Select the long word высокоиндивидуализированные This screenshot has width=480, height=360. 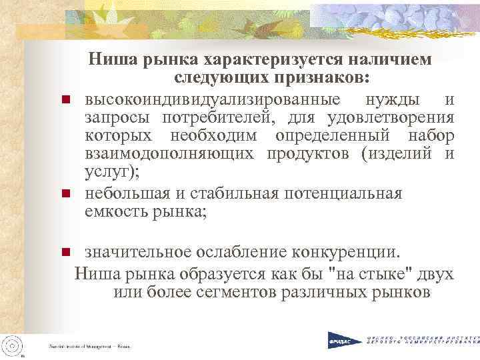[x=215, y=100]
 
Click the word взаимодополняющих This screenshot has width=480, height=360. [x=169, y=154]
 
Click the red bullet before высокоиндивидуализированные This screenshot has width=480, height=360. [x=66, y=101]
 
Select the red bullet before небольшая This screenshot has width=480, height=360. [x=66, y=195]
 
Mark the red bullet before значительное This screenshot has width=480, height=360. [x=66, y=253]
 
